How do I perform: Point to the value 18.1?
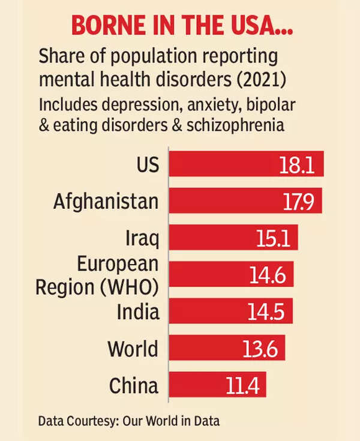297,164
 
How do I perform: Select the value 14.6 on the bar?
271,275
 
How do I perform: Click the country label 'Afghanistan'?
106,200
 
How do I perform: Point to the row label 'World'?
133,348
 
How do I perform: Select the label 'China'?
133,385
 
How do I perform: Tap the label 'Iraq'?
142,238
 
